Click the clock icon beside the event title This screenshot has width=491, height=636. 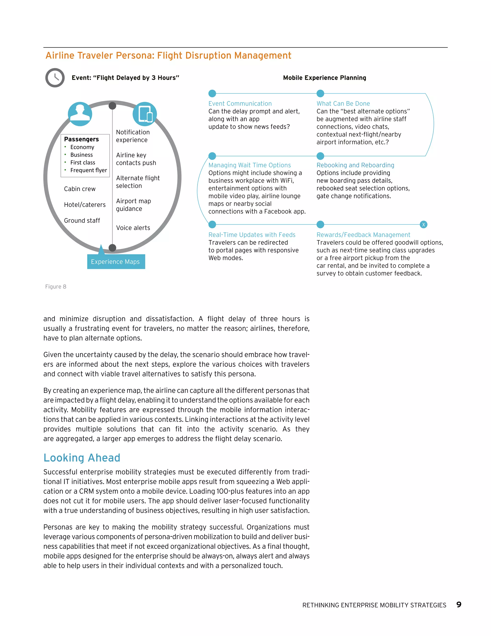(x=55, y=78)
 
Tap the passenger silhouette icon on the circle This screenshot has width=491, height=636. (x=80, y=114)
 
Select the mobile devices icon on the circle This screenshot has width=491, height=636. (x=145, y=114)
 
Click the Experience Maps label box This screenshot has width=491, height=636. (x=116, y=262)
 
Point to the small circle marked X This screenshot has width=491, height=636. (x=424, y=225)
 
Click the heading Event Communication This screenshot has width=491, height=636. (x=240, y=104)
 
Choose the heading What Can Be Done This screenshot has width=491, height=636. (x=343, y=104)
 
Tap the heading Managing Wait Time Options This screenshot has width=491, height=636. (x=250, y=165)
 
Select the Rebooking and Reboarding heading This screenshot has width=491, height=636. (x=355, y=165)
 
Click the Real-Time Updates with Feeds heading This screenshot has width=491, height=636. (x=252, y=235)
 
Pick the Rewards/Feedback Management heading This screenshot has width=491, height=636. (x=363, y=235)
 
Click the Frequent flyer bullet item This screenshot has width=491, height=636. (x=88, y=170)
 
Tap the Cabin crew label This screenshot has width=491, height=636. (x=80, y=189)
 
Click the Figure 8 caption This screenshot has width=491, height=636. (x=56, y=287)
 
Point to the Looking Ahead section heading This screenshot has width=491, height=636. (x=82, y=457)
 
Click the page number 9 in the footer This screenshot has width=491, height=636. (x=459, y=605)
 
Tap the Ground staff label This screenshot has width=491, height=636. (x=82, y=221)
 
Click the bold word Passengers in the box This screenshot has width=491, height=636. (x=82, y=139)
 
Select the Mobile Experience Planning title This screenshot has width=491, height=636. (x=324, y=78)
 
